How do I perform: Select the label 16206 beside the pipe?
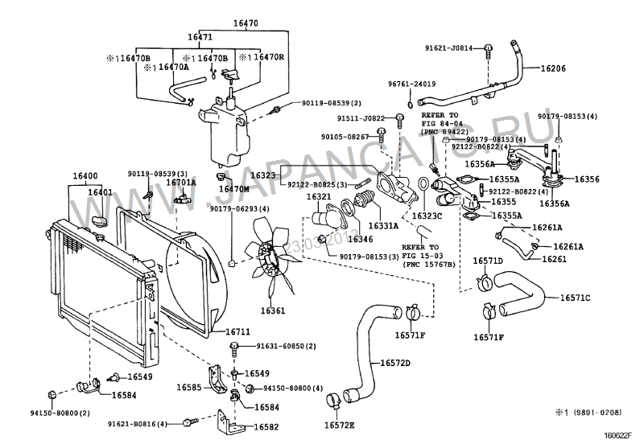552,69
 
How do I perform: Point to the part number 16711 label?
238,331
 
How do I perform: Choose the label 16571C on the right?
576,298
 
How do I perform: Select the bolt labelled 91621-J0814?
488,50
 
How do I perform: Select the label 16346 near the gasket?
360,239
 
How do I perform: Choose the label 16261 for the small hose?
554,260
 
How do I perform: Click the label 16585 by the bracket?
191,388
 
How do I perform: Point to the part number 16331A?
384,227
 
